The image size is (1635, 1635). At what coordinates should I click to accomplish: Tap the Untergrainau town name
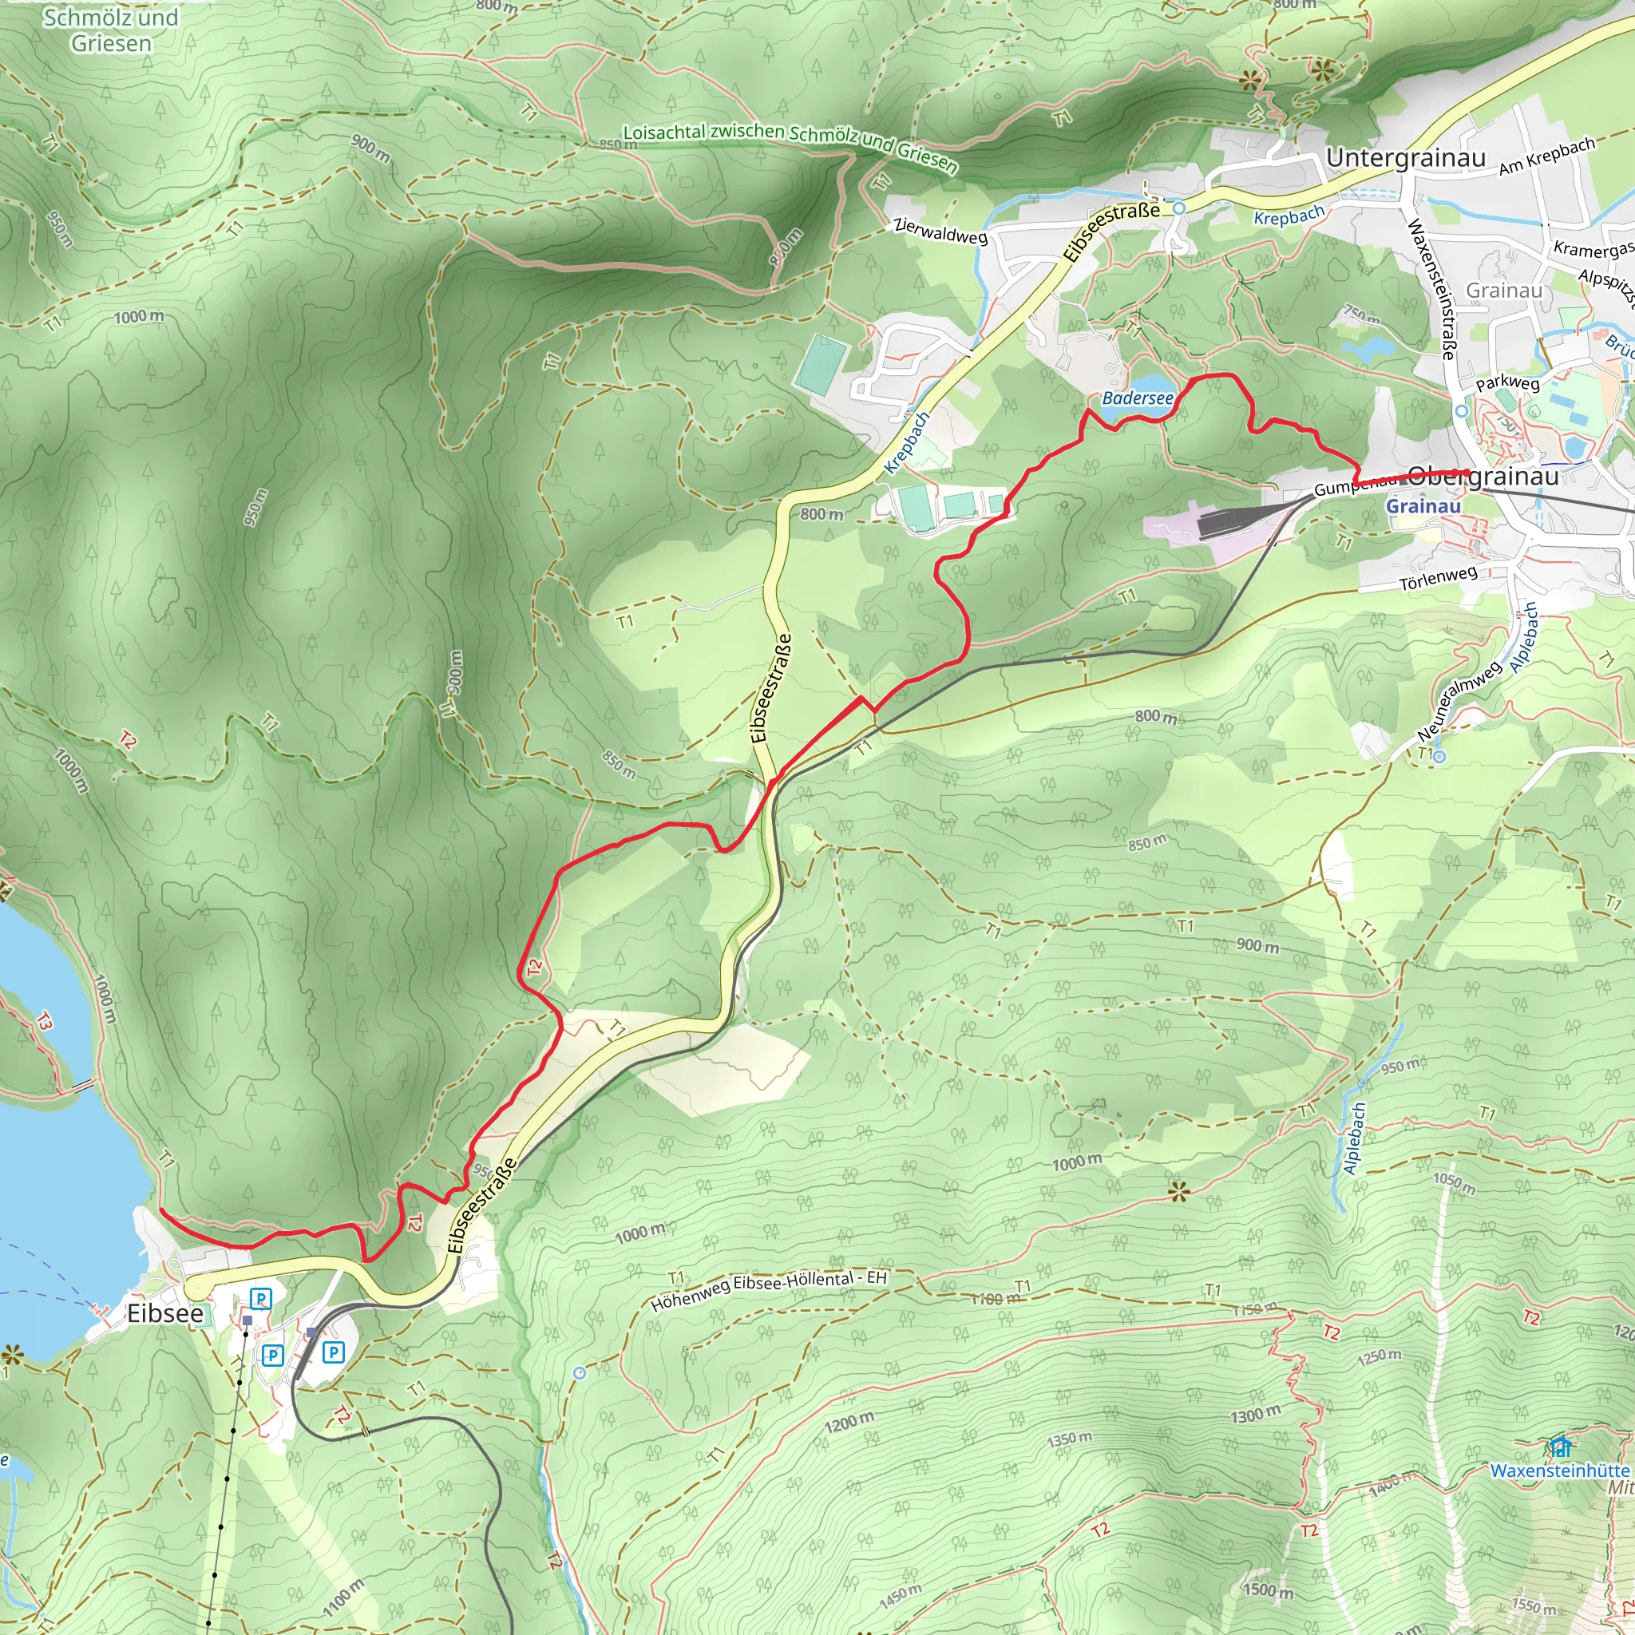pyautogui.click(x=1406, y=158)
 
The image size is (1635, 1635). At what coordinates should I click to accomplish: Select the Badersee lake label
pyautogui.click(x=1138, y=398)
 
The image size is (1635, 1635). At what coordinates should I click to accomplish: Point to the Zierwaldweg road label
pyautogui.click(x=940, y=230)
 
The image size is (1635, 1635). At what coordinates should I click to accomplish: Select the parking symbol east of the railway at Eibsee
pyautogui.click(x=334, y=1352)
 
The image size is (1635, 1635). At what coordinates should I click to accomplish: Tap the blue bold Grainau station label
pyautogui.click(x=1423, y=506)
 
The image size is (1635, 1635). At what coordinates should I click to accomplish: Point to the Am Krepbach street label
pyautogui.click(x=1546, y=156)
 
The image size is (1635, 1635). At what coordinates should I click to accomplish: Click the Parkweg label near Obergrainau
pyautogui.click(x=1507, y=383)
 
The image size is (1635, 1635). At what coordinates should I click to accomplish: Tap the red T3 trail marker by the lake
pyautogui.click(x=44, y=1023)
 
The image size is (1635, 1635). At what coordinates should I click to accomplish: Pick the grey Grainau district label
pyautogui.click(x=1504, y=291)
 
